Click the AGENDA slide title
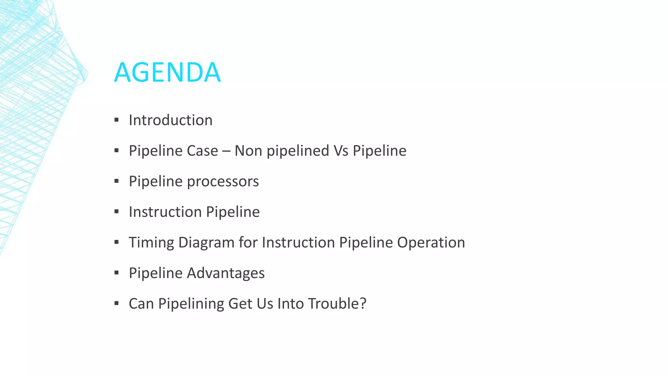coord(167,72)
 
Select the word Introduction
coord(171,120)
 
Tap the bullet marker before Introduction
coord(116,120)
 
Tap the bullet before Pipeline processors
coord(116,181)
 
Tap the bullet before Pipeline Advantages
coord(116,273)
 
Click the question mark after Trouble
coord(363,304)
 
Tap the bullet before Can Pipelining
coord(116,304)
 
